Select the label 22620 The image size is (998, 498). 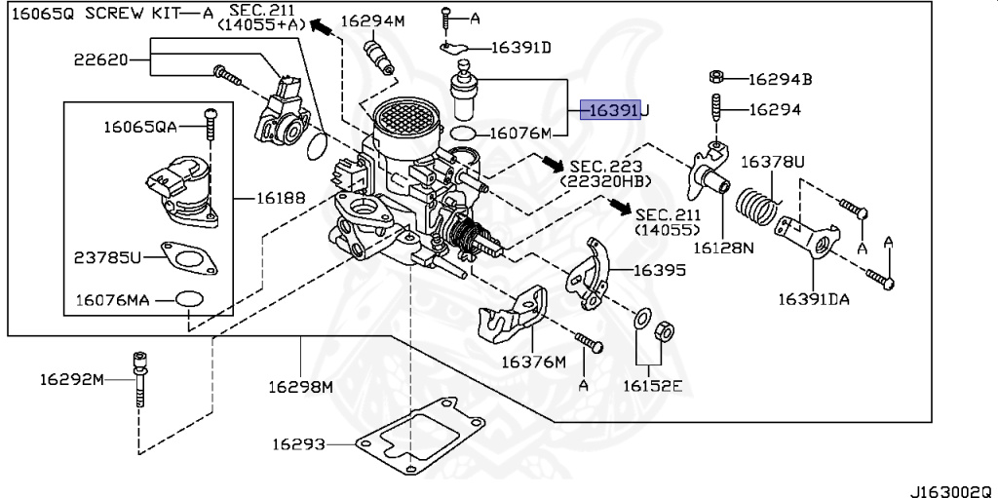pyautogui.click(x=100, y=59)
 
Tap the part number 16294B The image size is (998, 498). pyautogui.click(x=781, y=79)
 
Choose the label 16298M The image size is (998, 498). pyautogui.click(x=300, y=386)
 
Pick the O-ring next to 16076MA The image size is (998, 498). pyautogui.click(x=189, y=299)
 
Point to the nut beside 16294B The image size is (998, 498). pyautogui.click(x=714, y=78)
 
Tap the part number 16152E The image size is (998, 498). pyautogui.click(x=653, y=385)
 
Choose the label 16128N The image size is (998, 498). pyautogui.click(x=723, y=248)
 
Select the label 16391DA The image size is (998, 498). pyautogui.click(x=813, y=299)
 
